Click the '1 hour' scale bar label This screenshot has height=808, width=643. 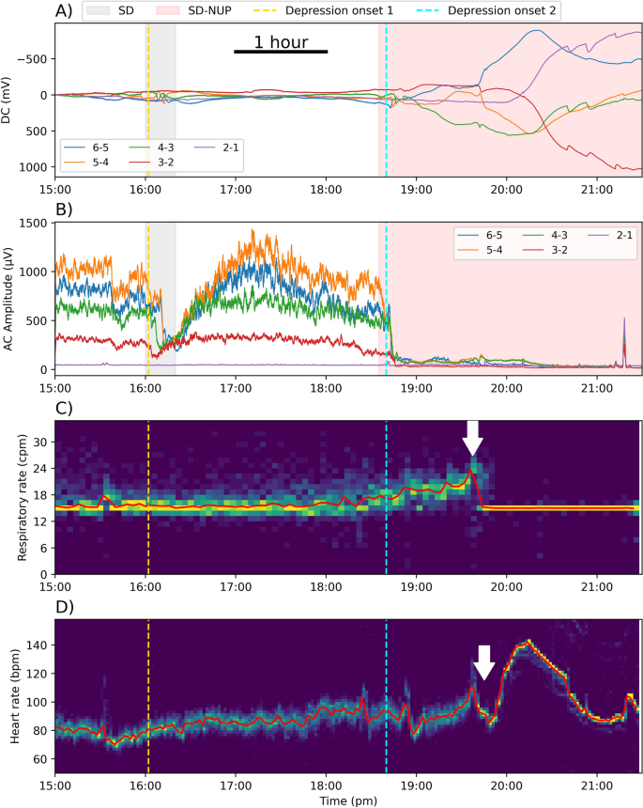(x=280, y=41)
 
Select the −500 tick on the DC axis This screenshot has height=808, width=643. (x=31, y=58)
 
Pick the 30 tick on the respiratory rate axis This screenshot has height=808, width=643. (x=40, y=442)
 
